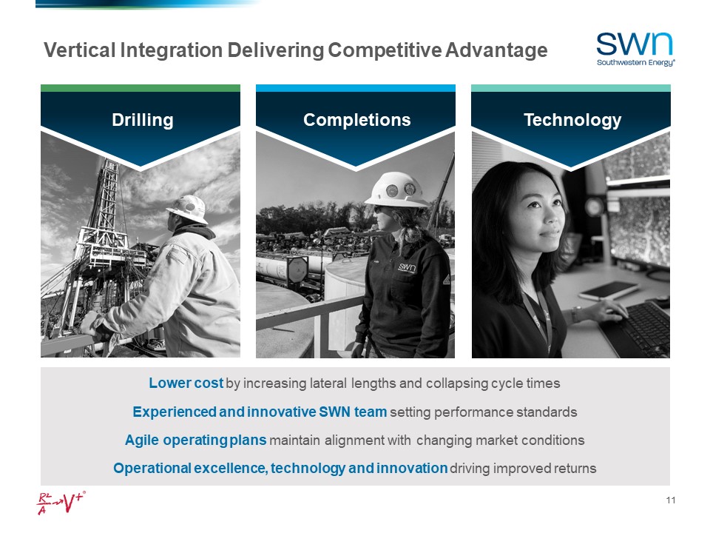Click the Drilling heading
click(142, 120)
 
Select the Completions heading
click(356, 120)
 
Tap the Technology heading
click(572, 120)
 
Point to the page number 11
click(671, 501)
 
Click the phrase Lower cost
click(186, 383)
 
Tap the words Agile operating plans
click(195, 440)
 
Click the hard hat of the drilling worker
click(188, 209)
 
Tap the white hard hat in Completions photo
click(395, 190)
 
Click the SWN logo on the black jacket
click(408, 267)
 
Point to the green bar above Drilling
click(141, 88)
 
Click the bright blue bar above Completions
click(355, 88)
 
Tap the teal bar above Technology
click(570, 88)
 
